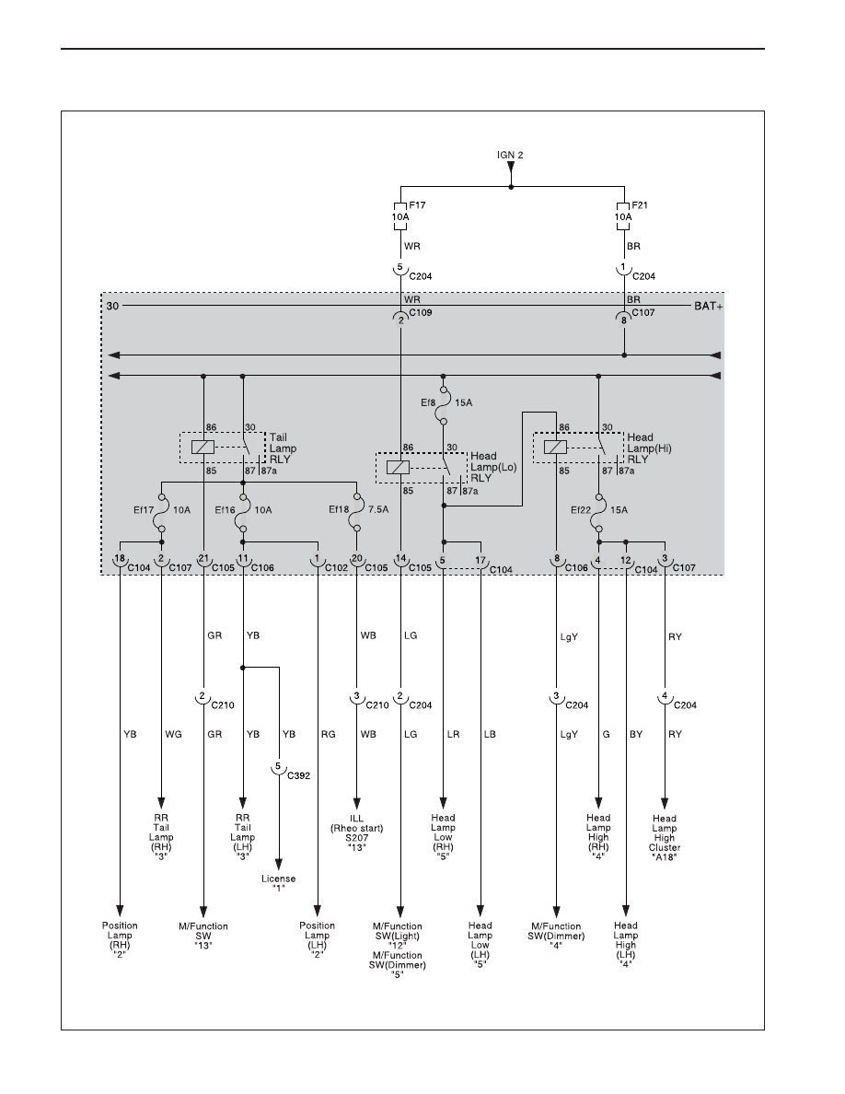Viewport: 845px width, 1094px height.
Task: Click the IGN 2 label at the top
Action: click(x=510, y=155)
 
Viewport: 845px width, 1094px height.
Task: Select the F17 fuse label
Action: click(x=417, y=205)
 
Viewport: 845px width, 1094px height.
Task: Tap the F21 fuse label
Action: click(x=640, y=205)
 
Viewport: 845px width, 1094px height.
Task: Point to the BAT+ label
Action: click(x=709, y=307)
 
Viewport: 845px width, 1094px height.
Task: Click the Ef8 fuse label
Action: click(x=428, y=402)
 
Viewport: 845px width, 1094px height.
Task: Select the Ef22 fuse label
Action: click(x=581, y=510)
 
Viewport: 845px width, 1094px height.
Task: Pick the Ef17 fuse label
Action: click(x=144, y=510)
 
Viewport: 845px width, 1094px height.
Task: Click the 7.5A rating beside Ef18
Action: click(x=378, y=510)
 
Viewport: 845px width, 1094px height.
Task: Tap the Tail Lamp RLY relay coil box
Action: click(x=203, y=448)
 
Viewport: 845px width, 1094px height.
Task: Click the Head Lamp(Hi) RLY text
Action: click(x=649, y=448)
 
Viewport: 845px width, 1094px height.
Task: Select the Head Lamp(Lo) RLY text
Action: click(x=493, y=467)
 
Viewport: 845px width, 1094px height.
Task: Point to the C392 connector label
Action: click(x=298, y=776)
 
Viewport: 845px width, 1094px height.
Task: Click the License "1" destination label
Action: click(x=278, y=883)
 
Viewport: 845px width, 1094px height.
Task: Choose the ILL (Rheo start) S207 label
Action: click(x=357, y=833)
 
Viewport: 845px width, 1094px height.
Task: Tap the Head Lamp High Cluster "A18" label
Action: click(x=665, y=838)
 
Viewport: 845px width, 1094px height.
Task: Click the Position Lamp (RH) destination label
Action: click(x=120, y=940)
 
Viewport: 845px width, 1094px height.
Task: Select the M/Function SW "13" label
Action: click(x=203, y=936)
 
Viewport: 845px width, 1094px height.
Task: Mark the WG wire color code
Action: click(x=173, y=734)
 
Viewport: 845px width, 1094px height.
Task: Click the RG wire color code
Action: click(x=329, y=734)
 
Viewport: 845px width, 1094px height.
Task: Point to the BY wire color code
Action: click(x=636, y=734)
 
